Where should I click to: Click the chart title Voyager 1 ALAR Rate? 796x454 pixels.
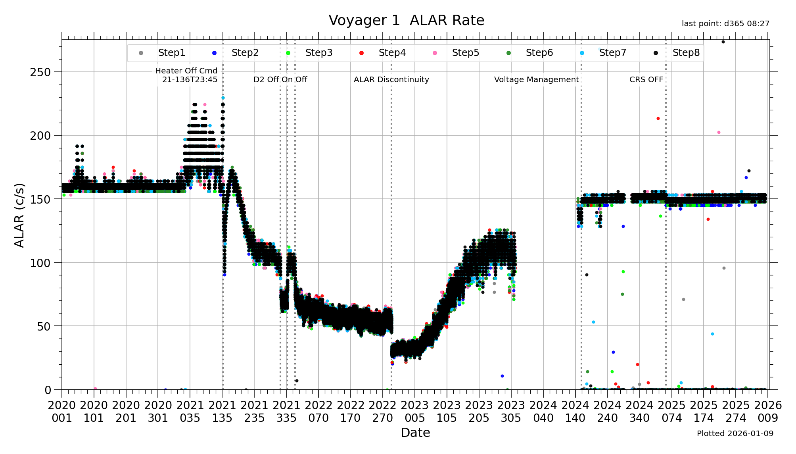[406, 20]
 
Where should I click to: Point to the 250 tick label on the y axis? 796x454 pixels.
[40, 72]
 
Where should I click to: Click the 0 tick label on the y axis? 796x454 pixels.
[48, 390]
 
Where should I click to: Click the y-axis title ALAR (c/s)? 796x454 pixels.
[19, 215]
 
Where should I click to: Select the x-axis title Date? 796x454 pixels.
[415, 433]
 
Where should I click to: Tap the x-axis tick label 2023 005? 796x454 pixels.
[415, 412]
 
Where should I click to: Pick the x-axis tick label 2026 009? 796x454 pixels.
[768, 412]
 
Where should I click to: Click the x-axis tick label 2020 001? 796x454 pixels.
[62, 412]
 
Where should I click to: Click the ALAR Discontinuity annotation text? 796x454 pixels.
[391, 79]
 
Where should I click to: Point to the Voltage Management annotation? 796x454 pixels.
[536, 79]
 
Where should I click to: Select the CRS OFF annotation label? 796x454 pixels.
[646, 79]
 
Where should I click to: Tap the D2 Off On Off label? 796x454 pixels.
[280, 79]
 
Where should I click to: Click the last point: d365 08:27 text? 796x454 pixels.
[725, 24]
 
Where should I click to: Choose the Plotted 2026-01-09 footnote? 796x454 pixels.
[735, 433]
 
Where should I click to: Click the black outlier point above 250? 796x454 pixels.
[723, 42]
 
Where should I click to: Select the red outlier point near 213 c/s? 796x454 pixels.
[658, 118]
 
